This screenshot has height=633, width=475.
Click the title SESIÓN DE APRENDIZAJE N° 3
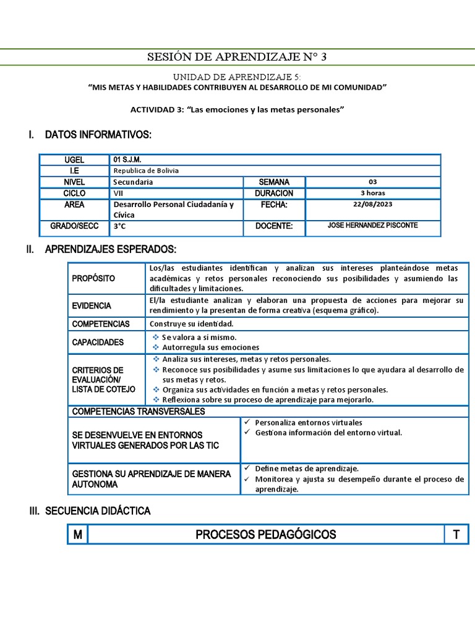pyautogui.click(x=237, y=57)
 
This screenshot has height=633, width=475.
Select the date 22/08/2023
pyautogui.click(x=372, y=205)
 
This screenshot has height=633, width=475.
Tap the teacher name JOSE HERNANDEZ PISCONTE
pyautogui.click(x=372, y=226)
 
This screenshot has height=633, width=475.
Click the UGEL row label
pyautogui.click(x=74, y=159)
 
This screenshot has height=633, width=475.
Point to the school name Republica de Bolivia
pyautogui.click(x=146, y=171)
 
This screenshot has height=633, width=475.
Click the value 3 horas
pyautogui.click(x=372, y=193)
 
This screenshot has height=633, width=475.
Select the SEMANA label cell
pyautogui.click(x=273, y=182)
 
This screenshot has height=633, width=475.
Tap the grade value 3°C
pyautogui.click(x=119, y=226)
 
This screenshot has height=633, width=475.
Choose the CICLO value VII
pyautogui.click(x=118, y=193)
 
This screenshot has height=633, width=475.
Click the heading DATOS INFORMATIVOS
pyautogui.click(x=98, y=135)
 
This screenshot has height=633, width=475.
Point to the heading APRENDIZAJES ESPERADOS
pyautogui.click(x=110, y=249)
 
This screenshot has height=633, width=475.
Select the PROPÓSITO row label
pyautogui.click(x=93, y=278)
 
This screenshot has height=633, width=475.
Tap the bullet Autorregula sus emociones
pyautogui.click(x=210, y=347)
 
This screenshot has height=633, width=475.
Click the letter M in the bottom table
pyautogui.click(x=77, y=535)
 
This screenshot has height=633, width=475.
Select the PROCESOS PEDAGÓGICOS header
pyautogui.click(x=266, y=535)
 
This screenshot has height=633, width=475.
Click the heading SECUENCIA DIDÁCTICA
pyautogui.click(x=98, y=511)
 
